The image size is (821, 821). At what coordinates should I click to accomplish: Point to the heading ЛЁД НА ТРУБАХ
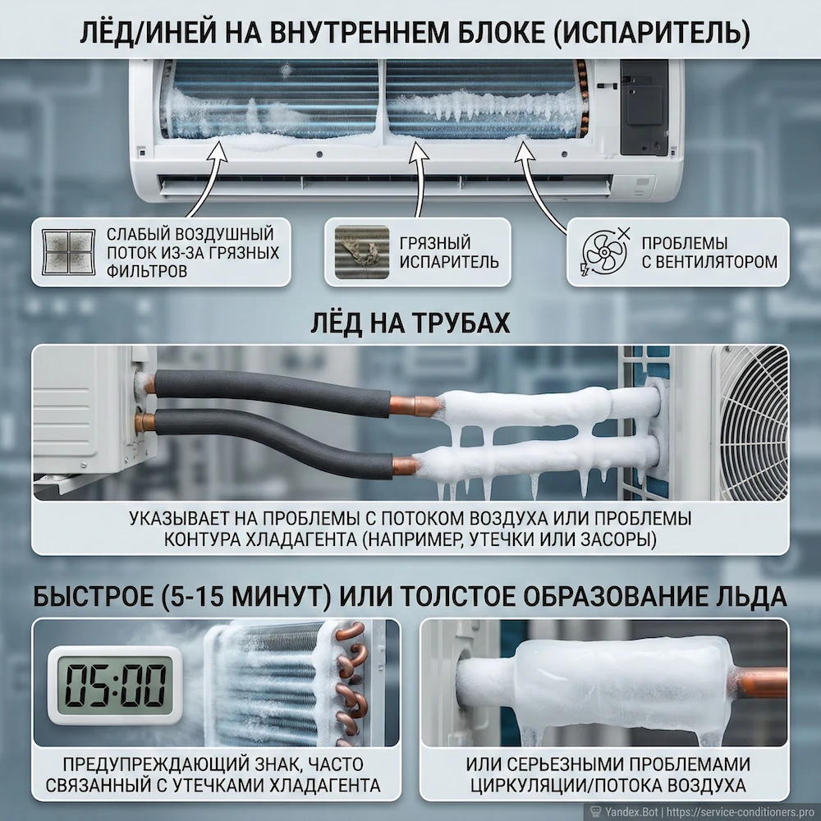click(410, 323)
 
